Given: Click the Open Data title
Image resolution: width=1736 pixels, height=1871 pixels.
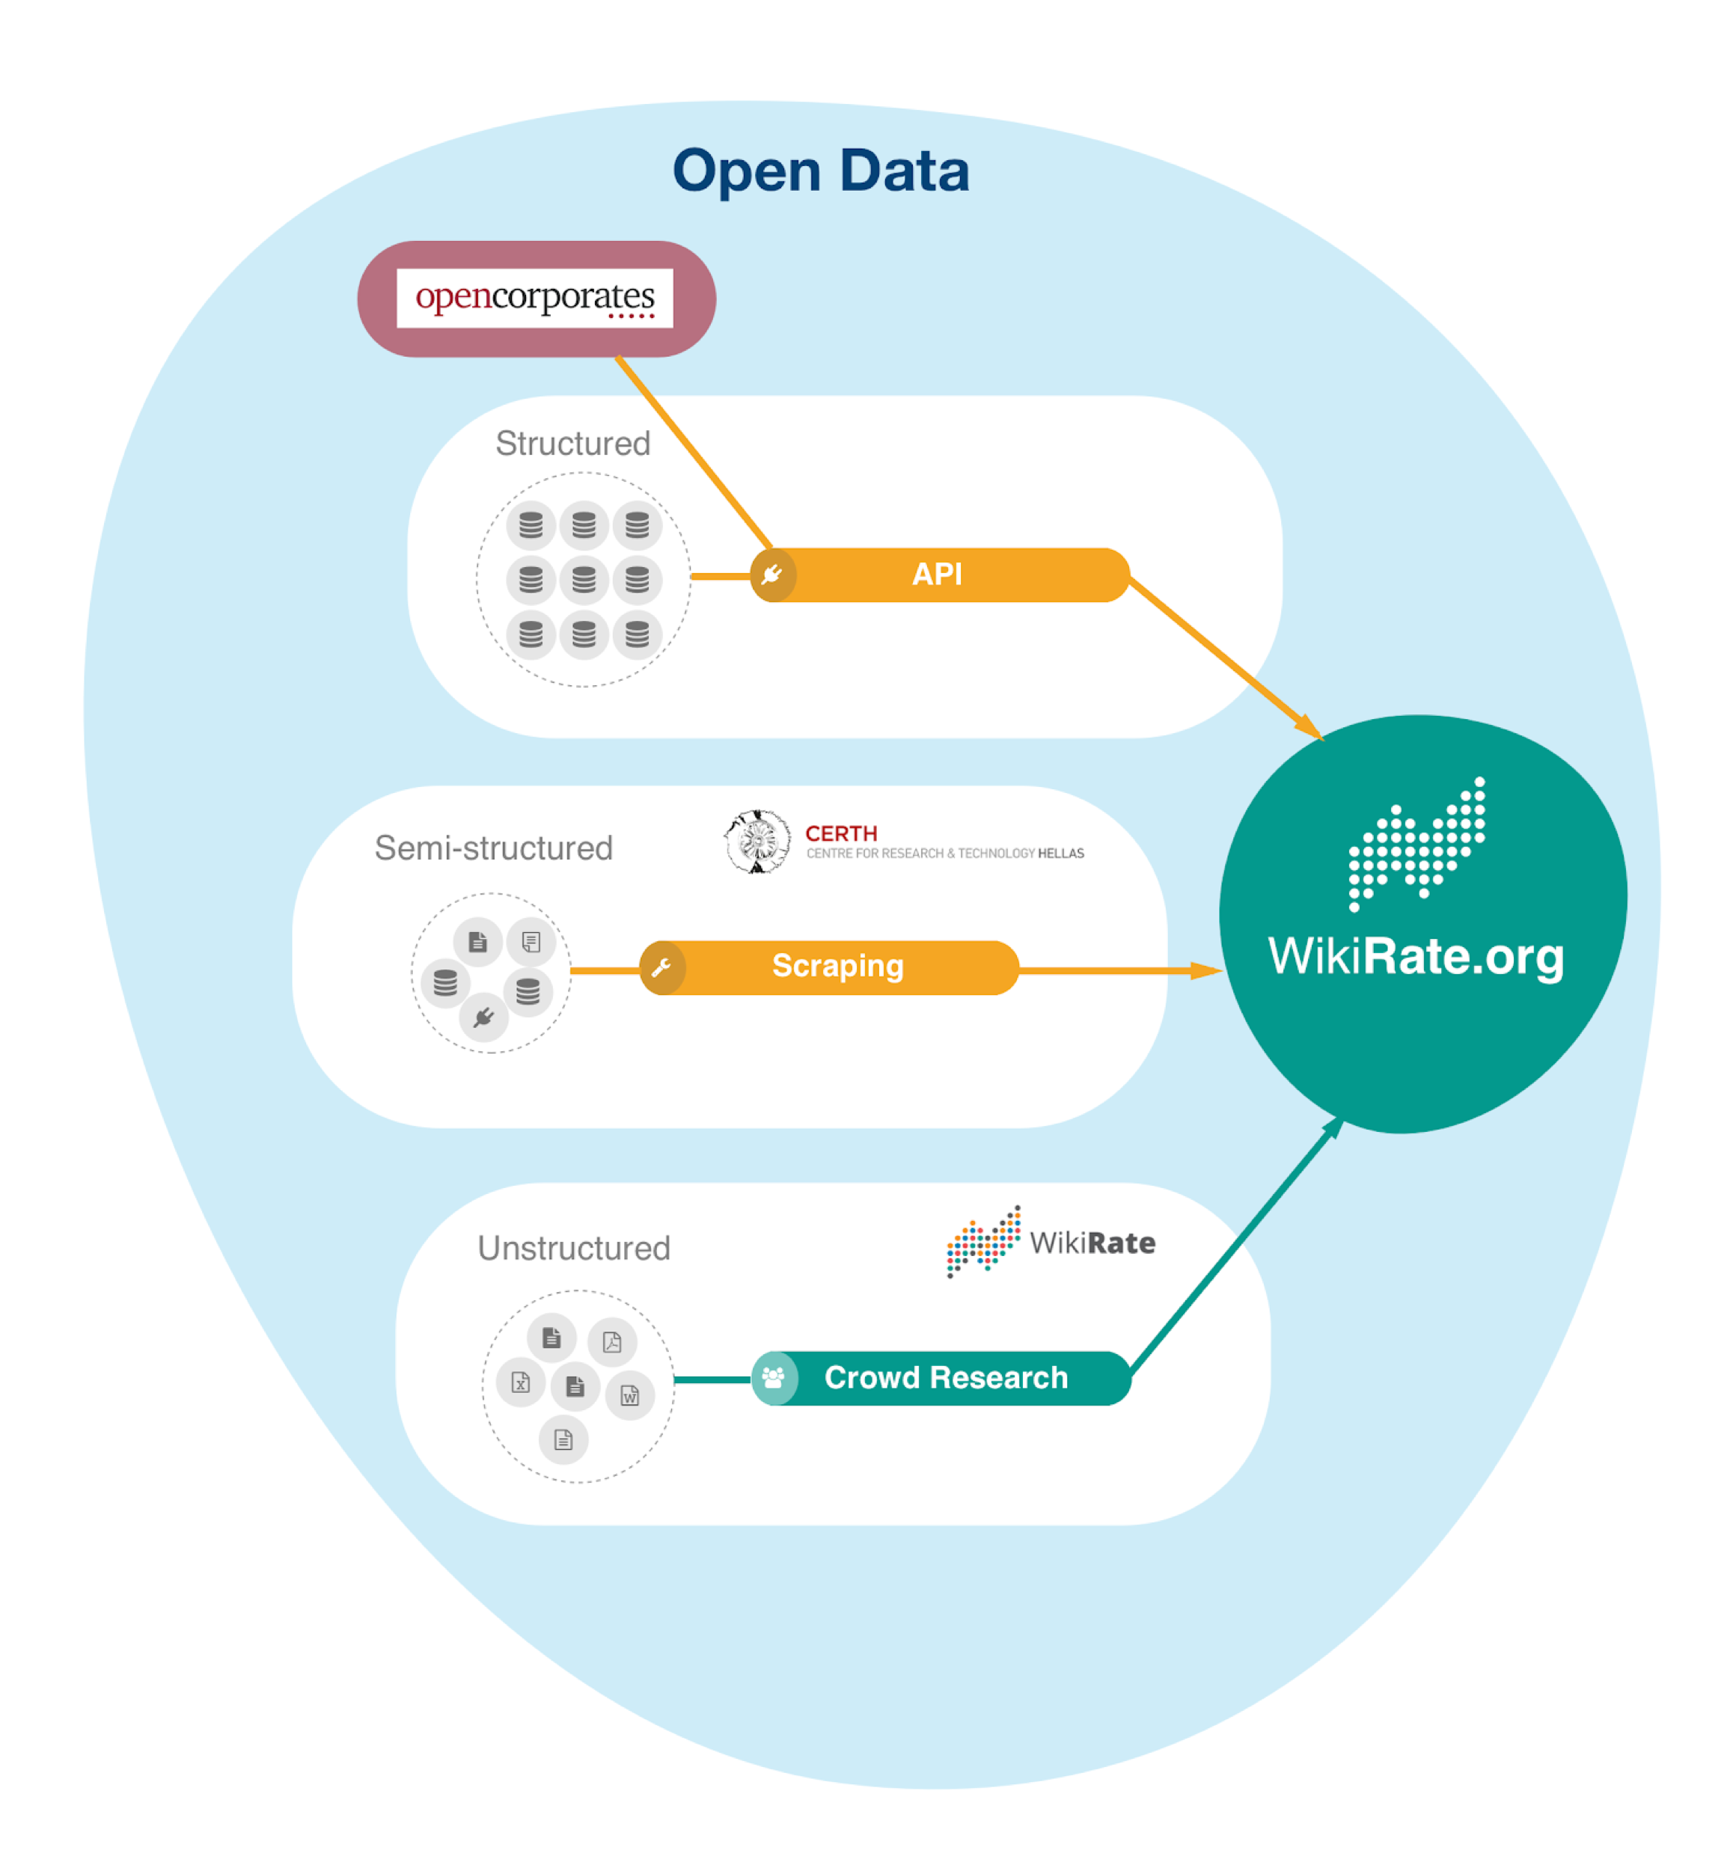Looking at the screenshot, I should (x=820, y=171).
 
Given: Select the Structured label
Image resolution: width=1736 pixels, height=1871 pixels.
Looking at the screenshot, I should (x=573, y=444).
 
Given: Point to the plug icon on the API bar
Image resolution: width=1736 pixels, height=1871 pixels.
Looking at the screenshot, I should (x=772, y=575).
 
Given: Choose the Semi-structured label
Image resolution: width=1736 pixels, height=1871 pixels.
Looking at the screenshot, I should (x=493, y=848).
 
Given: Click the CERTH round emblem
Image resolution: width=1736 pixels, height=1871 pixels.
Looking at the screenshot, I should (x=757, y=842).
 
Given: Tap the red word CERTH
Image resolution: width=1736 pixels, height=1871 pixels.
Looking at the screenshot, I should (x=841, y=833).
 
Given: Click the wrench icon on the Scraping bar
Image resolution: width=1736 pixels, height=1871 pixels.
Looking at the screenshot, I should (x=661, y=967).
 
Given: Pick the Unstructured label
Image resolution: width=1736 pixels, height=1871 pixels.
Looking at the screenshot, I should (x=574, y=1249).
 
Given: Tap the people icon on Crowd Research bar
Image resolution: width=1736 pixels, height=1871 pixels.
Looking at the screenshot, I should (x=773, y=1378).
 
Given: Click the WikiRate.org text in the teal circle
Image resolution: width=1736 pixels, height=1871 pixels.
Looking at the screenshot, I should (x=1416, y=957).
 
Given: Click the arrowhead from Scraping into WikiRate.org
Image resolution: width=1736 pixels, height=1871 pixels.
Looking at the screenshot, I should (x=1207, y=970).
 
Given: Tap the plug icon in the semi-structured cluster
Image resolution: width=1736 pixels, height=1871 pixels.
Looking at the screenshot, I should (x=484, y=1017).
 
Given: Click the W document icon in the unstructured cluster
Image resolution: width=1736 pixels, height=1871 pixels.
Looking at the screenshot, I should (x=629, y=1396).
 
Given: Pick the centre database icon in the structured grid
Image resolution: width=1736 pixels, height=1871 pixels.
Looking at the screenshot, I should (x=584, y=580).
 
